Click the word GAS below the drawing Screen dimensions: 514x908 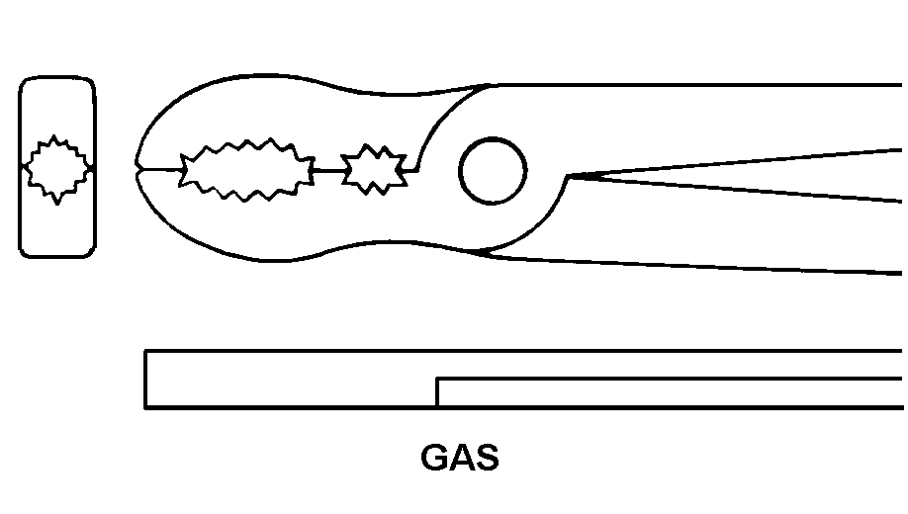click(460, 458)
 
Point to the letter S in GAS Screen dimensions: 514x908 click(486, 458)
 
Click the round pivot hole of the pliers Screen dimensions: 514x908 click(493, 171)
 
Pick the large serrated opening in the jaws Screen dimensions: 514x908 click(246, 170)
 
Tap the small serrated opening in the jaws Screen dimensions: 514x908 click(373, 170)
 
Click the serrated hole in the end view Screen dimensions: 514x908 click(57, 169)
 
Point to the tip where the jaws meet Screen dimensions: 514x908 click(138, 168)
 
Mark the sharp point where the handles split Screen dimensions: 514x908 click(568, 177)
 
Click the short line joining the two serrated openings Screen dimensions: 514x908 click(327, 170)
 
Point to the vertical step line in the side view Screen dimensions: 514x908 click(437, 391)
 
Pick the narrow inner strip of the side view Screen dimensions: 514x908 click(673, 392)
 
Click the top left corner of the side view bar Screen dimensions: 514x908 click(146, 351)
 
